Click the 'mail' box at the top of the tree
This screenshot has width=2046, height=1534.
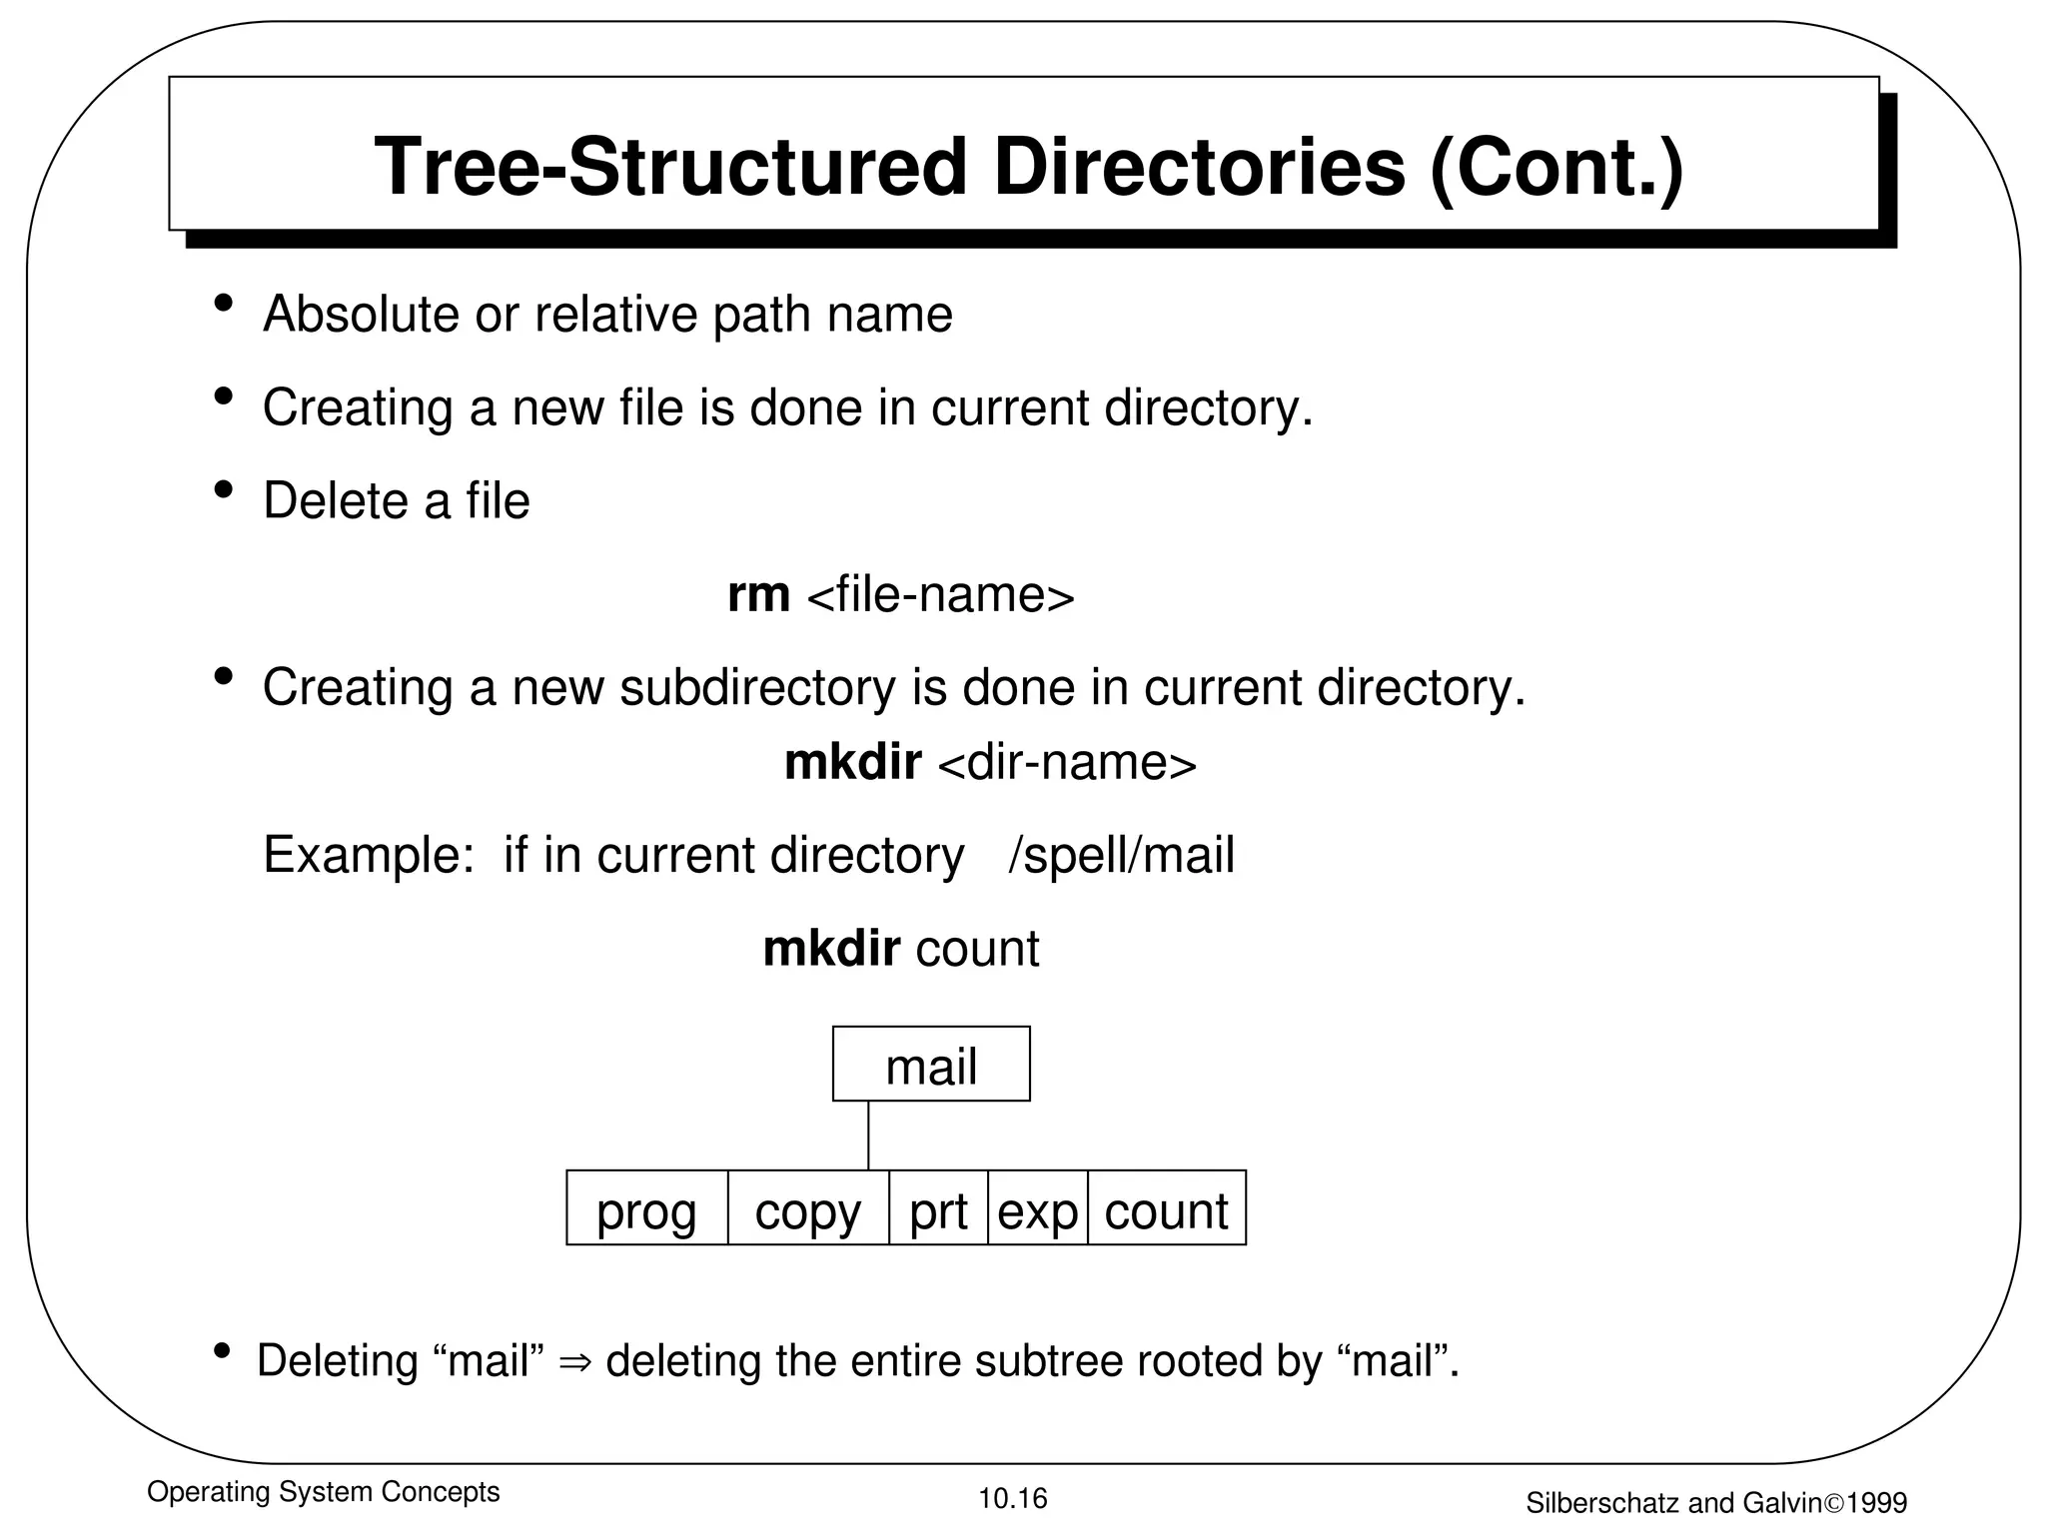[931, 1065]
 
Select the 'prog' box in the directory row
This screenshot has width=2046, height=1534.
[646, 1208]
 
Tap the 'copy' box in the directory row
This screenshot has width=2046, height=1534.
[808, 1208]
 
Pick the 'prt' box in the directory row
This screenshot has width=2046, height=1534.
[938, 1208]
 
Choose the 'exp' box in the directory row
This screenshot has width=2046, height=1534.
[1037, 1208]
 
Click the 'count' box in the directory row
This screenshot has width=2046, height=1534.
[1166, 1208]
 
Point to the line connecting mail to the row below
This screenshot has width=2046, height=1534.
[868, 1136]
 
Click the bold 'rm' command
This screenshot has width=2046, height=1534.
[758, 595]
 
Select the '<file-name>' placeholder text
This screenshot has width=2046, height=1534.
[940, 595]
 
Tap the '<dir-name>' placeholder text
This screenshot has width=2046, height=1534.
[1067, 763]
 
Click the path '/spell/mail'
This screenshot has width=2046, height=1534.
[1121, 856]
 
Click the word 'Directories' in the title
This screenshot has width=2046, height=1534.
[1199, 166]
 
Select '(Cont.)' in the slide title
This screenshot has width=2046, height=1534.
[1556, 166]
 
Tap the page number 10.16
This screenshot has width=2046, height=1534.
[1012, 1498]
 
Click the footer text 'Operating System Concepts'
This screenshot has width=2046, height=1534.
[323, 1492]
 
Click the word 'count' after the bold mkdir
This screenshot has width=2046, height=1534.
[977, 949]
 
